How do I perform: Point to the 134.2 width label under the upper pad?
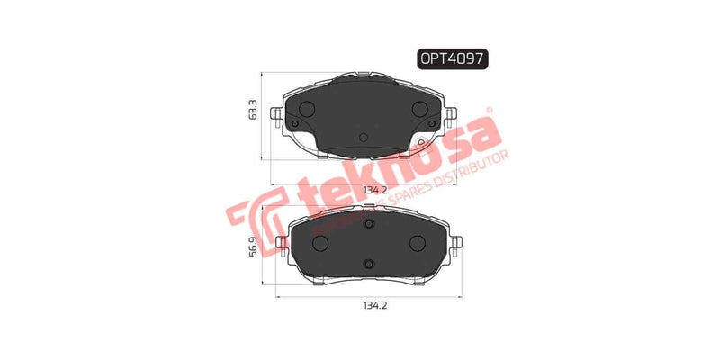(375, 190)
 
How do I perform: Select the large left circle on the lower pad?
(319, 243)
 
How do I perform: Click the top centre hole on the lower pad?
(367, 222)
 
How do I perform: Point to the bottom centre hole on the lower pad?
(367, 263)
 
